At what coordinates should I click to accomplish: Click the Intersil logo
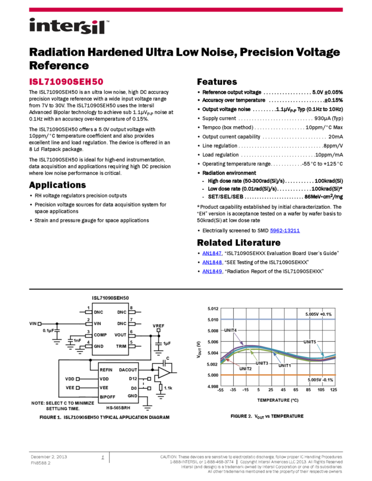69,27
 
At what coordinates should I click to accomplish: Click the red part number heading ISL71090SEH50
66,82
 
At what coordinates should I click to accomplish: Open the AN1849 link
212,272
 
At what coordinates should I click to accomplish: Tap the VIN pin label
97,324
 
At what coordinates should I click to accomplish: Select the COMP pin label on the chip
100,335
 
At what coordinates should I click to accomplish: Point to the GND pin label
99,346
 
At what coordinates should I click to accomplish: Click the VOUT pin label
121,335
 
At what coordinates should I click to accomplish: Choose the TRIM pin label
121,346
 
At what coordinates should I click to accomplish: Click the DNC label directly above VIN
99,312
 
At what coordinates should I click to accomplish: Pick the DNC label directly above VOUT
122,324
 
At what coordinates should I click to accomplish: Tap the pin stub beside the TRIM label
131,346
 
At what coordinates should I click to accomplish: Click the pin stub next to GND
89,346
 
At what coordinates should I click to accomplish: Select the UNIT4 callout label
230,330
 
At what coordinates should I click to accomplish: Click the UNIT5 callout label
310,342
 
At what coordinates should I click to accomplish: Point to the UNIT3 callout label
262,363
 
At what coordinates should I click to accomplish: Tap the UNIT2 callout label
246,369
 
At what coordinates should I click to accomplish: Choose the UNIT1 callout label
285,366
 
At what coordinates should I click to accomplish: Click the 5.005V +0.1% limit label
319,314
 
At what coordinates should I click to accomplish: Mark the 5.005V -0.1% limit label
320,380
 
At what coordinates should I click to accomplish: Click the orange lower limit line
266,375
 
